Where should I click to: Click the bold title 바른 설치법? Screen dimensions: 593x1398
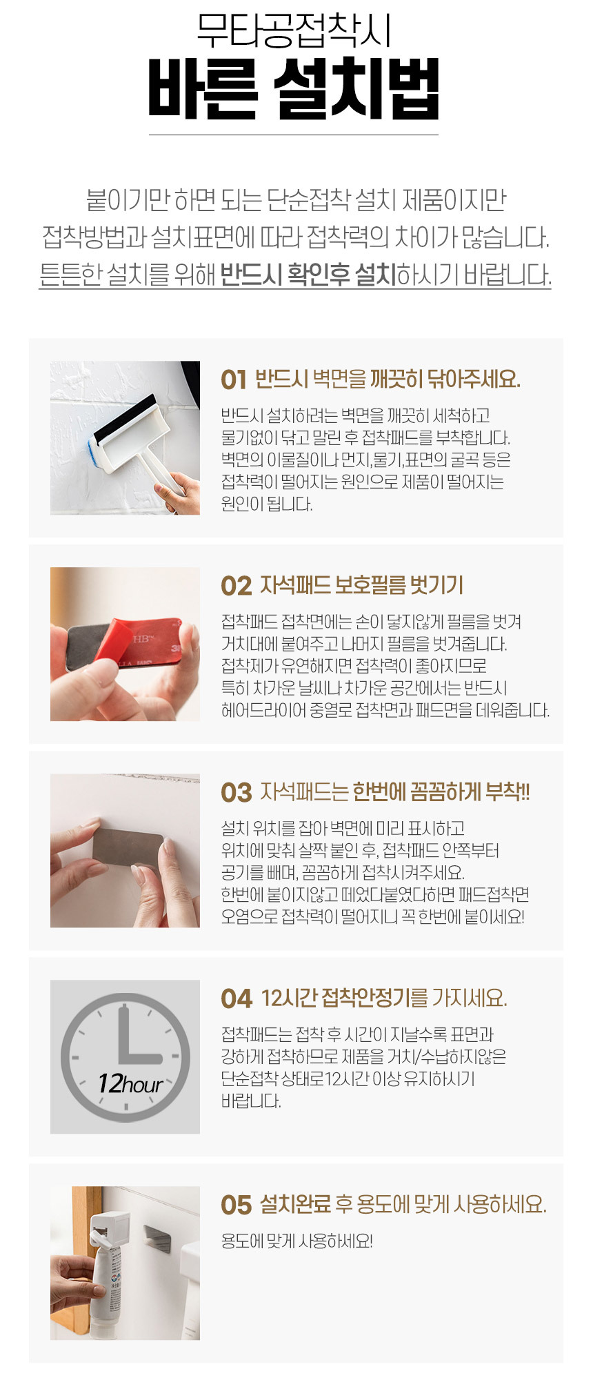coord(294,89)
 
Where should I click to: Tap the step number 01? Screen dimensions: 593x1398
coord(234,380)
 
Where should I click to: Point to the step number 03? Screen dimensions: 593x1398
coord(236,793)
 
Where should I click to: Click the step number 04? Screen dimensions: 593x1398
coord(237,999)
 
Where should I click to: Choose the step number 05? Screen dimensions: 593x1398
coord(236,1205)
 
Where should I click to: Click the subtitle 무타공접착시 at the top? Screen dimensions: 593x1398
coord(294,30)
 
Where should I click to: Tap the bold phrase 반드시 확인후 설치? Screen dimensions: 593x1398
coord(308,275)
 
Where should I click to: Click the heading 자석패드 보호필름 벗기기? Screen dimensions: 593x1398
coord(361,586)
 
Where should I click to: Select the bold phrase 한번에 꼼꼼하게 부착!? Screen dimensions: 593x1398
coord(441,792)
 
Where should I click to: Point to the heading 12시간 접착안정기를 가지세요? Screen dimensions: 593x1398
coord(385,998)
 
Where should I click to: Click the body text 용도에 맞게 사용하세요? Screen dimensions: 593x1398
coord(296,1241)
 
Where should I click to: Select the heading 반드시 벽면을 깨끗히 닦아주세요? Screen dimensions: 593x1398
coord(388,380)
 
